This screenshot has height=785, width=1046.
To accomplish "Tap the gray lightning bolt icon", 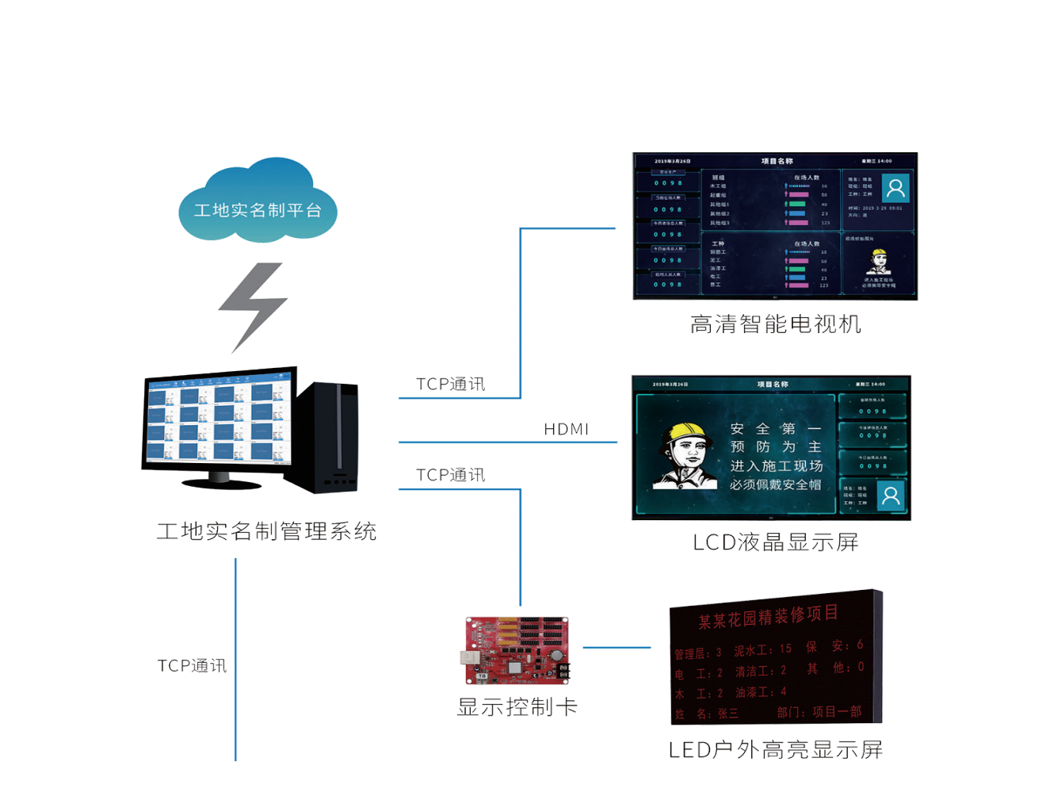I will click(254, 306).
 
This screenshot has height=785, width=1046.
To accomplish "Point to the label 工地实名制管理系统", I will click(266, 531).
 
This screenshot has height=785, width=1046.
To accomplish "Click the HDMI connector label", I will click(566, 429).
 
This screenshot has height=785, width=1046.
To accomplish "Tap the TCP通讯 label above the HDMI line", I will click(450, 384).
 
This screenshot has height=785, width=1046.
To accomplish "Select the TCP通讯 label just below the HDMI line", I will click(450, 475).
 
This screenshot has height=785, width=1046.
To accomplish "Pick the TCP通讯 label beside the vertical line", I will click(192, 665).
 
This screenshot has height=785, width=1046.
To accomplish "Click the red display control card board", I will click(517, 650).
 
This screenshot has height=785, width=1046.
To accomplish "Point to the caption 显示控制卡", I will click(517, 706).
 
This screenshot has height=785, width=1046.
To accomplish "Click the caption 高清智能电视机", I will click(775, 324).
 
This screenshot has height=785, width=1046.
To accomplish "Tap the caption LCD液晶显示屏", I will click(775, 542).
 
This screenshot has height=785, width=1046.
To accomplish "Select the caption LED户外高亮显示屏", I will click(775, 749).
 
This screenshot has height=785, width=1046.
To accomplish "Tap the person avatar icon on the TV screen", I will click(895, 188).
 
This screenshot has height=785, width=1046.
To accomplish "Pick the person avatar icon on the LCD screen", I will click(891, 496).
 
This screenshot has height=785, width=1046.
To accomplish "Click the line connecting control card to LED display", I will click(617, 648).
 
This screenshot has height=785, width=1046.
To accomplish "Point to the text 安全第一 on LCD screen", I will click(775, 429).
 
